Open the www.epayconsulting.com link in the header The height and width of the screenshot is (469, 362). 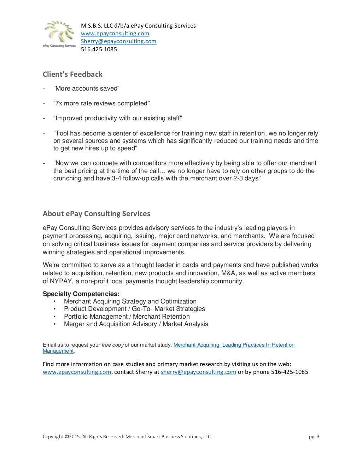115,34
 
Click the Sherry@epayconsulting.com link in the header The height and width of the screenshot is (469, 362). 118,41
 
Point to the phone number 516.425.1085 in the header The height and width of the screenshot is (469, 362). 99,50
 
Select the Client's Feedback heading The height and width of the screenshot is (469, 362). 72,74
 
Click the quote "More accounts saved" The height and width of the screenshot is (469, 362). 86,88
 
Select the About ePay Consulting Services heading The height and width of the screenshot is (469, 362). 96,214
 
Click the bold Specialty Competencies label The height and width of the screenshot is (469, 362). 81,294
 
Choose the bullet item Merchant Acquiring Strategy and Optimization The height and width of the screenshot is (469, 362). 130,301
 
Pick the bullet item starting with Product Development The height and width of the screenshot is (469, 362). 134,309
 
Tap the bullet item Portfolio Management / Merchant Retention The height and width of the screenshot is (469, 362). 127,317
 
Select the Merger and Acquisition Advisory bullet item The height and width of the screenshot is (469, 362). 136,324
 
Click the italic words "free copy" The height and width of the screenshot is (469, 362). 112,345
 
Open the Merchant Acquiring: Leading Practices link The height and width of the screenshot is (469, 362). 234,345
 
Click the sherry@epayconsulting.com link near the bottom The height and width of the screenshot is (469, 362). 198,372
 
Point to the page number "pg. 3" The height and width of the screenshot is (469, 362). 314,437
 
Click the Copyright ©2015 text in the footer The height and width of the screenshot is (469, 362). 126,437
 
